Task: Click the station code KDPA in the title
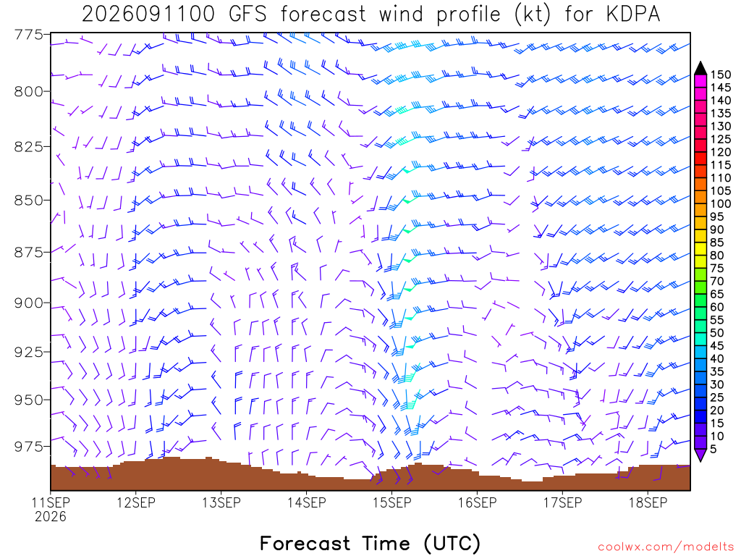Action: [x=632, y=14]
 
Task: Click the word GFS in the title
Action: [x=247, y=14]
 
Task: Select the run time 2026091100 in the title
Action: [x=148, y=14]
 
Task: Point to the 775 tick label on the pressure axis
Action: [x=28, y=35]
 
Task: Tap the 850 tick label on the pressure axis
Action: [x=28, y=201]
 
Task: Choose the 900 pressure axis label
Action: [x=28, y=303]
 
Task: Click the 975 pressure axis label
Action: [x=28, y=447]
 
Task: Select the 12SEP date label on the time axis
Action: [x=136, y=502]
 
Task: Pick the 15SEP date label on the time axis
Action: [x=391, y=502]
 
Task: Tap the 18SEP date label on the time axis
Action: [x=648, y=502]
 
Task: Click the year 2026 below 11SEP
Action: [x=51, y=517]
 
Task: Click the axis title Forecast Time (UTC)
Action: [x=370, y=544]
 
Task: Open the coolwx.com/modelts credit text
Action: [x=666, y=547]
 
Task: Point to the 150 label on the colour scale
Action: [x=721, y=75]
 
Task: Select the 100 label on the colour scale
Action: [x=721, y=203]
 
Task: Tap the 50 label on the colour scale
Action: [x=717, y=333]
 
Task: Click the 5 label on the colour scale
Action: [x=714, y=449]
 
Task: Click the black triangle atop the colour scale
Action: [x=700, y=69]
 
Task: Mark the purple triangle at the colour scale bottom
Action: [x=700, y=455]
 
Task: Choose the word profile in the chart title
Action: [x=468, y=14]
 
